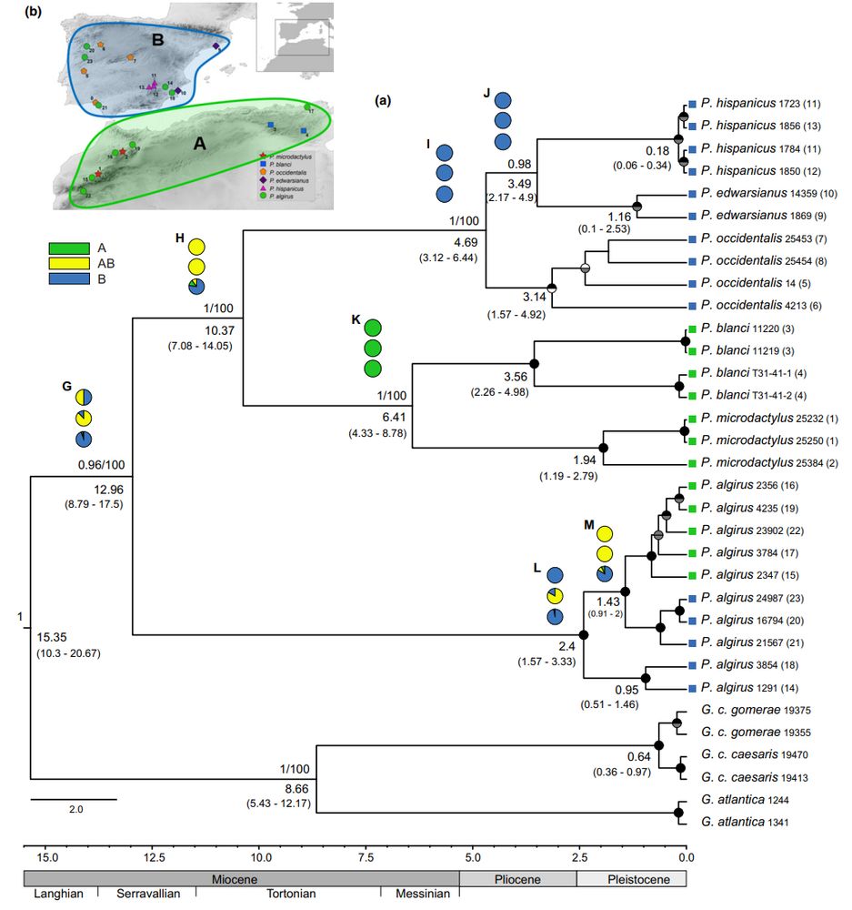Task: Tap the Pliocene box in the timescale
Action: point(517,879)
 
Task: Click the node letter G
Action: point(66,386)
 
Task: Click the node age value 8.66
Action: point(296,788)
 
